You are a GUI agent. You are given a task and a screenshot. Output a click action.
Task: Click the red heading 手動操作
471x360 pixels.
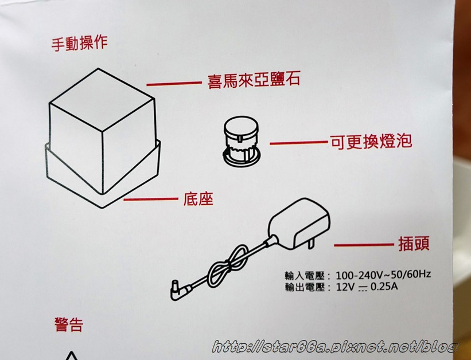pos(80,43)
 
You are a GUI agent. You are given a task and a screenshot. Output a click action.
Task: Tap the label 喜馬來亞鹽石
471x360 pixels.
pos(254,80)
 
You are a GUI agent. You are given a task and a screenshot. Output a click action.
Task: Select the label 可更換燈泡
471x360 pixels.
pos(371,141)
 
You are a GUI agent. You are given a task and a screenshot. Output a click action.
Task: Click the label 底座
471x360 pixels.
pos(198,198)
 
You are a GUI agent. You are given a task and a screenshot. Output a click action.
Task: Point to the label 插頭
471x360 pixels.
pos(414,243)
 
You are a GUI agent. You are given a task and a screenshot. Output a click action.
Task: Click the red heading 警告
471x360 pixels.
pos(69,324)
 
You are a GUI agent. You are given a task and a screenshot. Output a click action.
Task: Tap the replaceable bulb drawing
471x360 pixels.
pos(241,141)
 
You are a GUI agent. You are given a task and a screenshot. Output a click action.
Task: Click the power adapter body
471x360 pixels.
pos(299,223)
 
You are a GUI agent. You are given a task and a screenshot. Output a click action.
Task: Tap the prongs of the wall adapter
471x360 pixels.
pos(311,242)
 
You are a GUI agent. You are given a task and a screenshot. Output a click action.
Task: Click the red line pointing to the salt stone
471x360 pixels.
pos(174,84)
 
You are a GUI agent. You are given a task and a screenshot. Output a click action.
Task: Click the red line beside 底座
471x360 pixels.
pos(151,199)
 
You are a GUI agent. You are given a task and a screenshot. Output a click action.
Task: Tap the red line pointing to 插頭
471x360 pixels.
pos(364,245)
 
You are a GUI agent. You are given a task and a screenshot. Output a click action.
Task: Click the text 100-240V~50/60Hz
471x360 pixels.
pos(383,274)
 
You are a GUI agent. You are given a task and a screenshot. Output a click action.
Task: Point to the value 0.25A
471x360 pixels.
pos(384,287)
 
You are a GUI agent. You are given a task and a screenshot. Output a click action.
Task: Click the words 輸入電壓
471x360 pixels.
pos(305,275)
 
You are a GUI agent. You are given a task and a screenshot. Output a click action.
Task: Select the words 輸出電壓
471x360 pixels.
pos(305,287)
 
